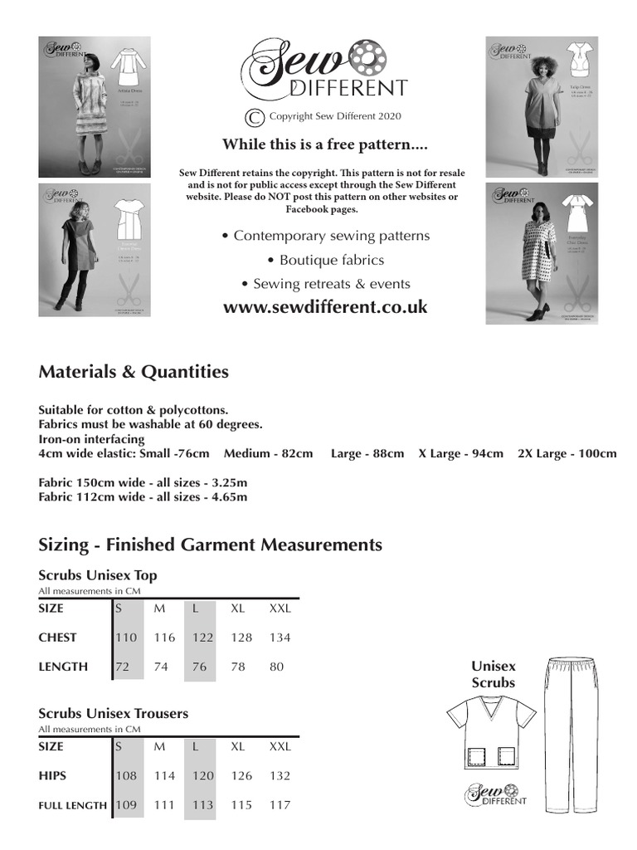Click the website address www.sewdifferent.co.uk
click(325, 307)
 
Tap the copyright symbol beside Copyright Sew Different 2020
click(255, 117)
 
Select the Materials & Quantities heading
click(134, 372)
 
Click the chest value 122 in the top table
click(202, 637)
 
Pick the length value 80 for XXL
click(276, 667)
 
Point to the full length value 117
click(280, 804)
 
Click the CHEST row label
click(57, 637)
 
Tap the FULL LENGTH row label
click(72, 805)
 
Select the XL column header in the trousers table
click(238, 746)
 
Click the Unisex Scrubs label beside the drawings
click(494, 674)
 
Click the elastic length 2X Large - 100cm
click(567, 454)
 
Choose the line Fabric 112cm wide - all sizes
click(143, 497)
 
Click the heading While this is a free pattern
click(325, 144)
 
